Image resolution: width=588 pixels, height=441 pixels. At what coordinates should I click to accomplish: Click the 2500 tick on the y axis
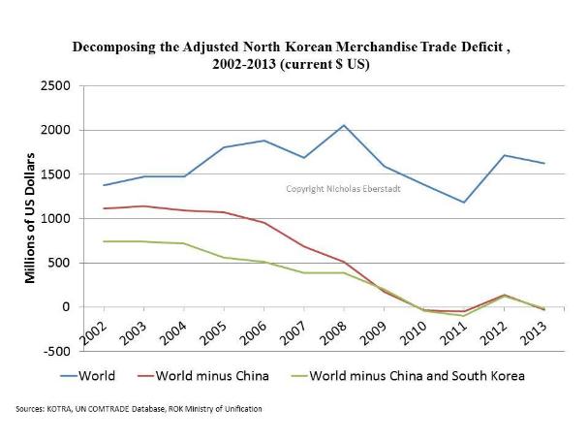(55, 86)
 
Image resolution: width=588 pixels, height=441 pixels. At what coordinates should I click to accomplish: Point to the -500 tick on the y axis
(56, 351)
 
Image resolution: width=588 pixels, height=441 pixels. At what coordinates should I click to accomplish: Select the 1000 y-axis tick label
(55, 219)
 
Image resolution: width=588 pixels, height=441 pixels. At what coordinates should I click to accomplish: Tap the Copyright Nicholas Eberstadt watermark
(343, 188)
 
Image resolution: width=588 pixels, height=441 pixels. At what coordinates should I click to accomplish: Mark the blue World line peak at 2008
(342, 125)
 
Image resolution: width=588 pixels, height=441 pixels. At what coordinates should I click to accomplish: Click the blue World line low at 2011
(463, 203)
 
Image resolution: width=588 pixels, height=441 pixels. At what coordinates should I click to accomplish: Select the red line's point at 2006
(263, 222)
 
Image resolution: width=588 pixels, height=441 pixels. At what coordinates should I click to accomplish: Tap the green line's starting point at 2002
(103, 241)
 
